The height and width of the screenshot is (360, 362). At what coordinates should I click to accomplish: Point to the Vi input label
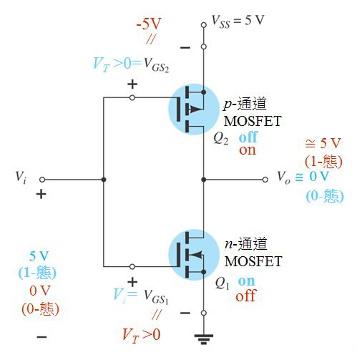(22, 176)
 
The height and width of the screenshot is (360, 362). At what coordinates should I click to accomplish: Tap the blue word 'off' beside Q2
(248, 137)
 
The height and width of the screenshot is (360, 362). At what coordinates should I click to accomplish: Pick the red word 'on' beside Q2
(248, 150)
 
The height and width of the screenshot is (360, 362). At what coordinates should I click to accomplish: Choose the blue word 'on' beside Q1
(246, 281)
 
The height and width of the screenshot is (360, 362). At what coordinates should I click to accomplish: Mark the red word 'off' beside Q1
(246, 294)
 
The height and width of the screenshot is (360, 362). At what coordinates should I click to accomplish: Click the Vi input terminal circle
(42, 180)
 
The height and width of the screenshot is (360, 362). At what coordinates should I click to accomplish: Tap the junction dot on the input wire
(104, 180)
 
